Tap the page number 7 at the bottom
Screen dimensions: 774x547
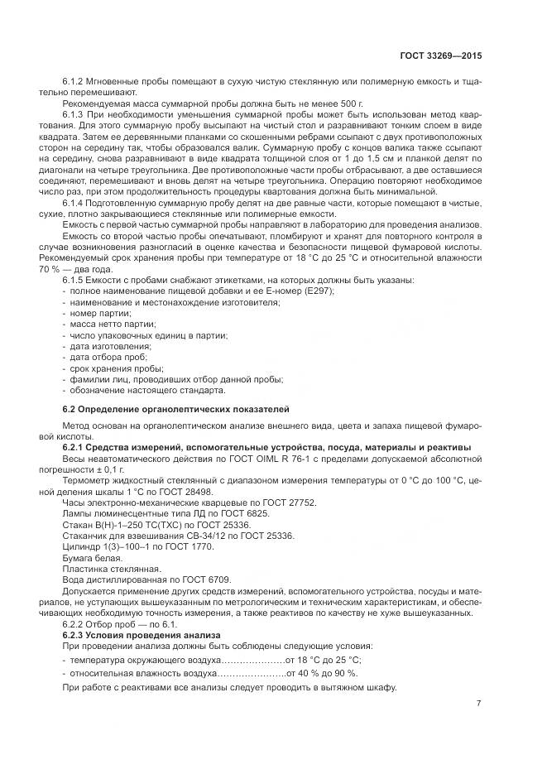(x=478, y=704)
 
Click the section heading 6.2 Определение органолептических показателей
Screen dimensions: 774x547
(x=176, y=410)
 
